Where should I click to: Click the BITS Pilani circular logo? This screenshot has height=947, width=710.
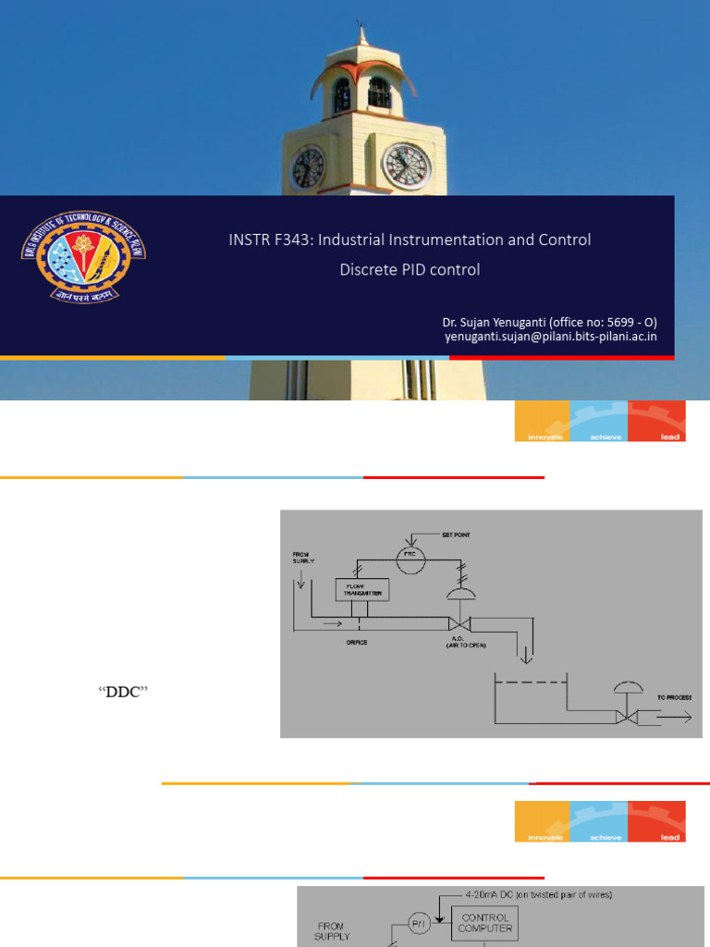click(83, 252)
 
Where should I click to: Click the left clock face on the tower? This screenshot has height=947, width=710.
click(308, 167)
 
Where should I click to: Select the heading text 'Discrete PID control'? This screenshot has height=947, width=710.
click(410, 270)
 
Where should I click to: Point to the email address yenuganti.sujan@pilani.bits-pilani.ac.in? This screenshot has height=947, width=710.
click(550, 337)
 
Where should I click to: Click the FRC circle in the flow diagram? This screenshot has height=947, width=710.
click(410, 557)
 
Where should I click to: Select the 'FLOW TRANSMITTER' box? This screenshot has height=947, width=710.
click(361, 589)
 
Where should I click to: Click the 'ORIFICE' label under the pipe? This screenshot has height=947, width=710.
click(357, 642)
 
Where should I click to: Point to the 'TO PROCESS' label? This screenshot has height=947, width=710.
click(674, 695)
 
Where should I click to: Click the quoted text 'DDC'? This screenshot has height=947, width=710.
click(123, 692)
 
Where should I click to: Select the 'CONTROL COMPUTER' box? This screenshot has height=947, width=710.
click(484, 923)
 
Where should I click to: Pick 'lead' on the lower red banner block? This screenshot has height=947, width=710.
click(670, 837)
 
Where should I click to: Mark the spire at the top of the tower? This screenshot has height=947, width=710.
click(361, 35)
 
